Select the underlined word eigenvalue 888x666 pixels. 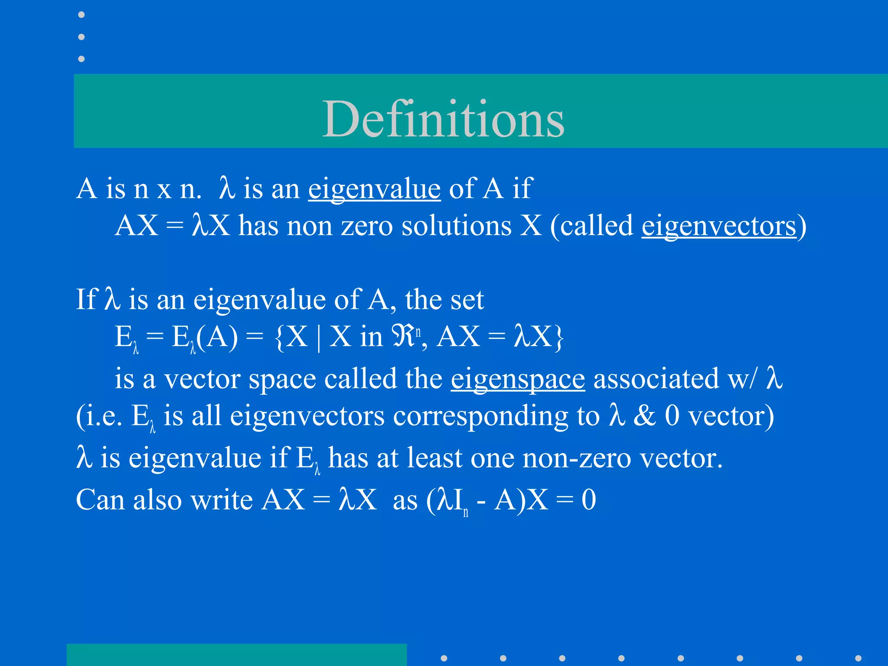point(374,189)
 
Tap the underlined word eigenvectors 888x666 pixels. point(718,226)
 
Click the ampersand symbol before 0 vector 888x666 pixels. point(644,416)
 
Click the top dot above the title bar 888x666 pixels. point(81,15)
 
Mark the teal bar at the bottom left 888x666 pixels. point(236,654)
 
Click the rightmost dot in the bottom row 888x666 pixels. point(858,658)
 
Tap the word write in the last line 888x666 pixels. point(221,500)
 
